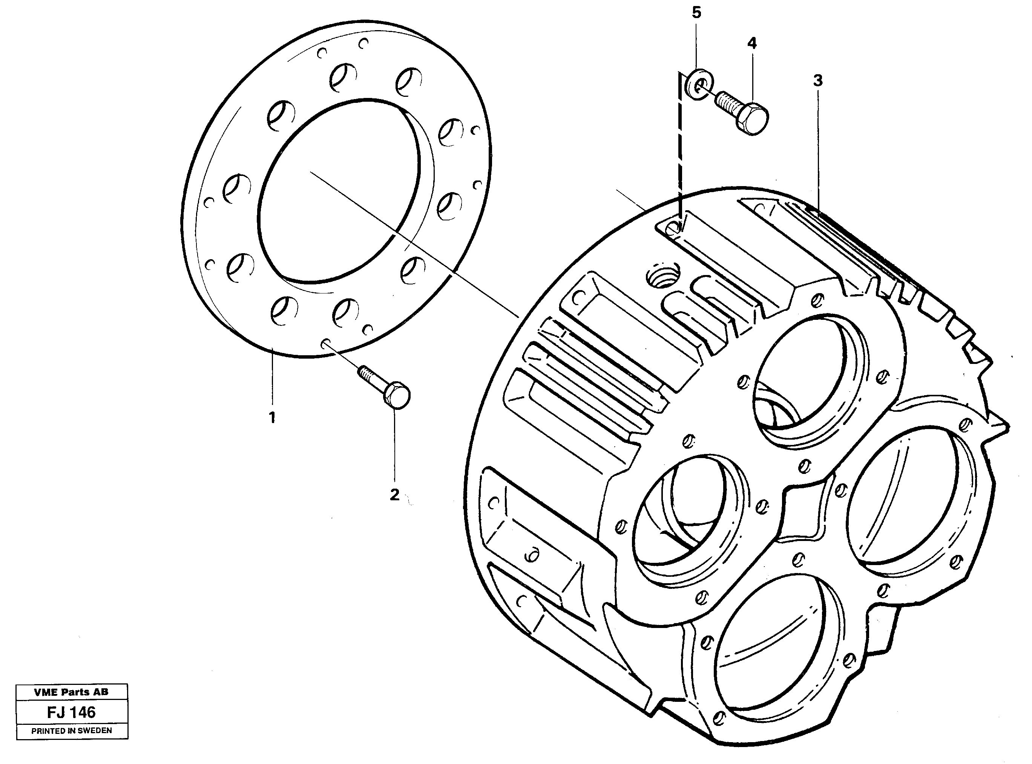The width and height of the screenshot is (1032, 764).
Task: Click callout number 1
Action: click(272, 418)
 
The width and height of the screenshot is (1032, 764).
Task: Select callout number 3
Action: click(818, 81)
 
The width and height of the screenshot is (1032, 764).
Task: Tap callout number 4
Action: click(752, 43)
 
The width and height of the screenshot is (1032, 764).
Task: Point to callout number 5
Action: click(696, 13)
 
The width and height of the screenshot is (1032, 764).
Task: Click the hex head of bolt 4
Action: click(751, 118)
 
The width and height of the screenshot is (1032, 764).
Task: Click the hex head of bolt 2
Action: click(397, 397)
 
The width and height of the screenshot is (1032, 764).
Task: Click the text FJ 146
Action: click(71, 712)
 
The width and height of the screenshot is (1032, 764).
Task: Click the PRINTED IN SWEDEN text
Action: click(71, 731)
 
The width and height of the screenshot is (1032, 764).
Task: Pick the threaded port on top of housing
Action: click(663, 277)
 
